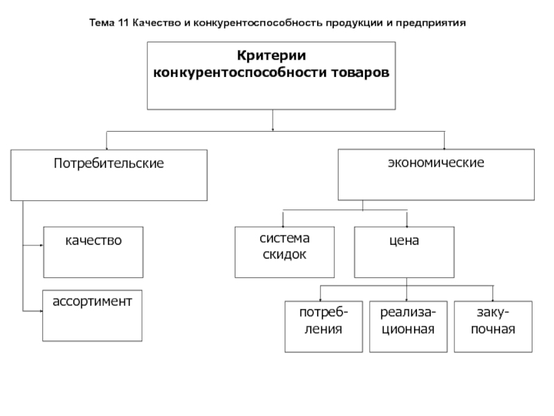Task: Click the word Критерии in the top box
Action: pos(271,56)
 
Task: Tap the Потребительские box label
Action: pos(109,164)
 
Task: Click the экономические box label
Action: pos(436,163)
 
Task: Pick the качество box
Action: pos(93,252)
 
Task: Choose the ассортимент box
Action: pos(92,315)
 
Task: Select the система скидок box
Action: pos(285,252)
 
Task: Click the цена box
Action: pos(404,252)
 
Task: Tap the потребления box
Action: pos(323,327)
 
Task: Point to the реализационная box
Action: pos(409,327)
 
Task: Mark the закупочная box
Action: pos(493,327)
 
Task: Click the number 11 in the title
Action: pos(123,23)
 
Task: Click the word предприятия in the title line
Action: pos(431,24)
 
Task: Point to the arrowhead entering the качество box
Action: pos(42,245)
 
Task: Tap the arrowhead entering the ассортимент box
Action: pos(41,311)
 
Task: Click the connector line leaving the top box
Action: pos(272,120)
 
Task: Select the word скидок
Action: pos(285,254)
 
